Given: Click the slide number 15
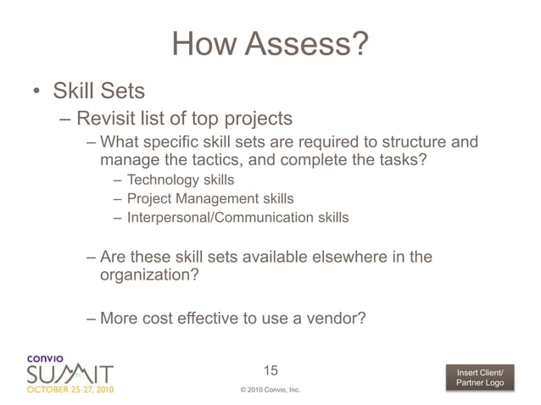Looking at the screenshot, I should [x=270, y=370].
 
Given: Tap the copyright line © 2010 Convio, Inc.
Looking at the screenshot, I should [x=270, y=391].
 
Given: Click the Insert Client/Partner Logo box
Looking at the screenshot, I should [x=480, y=378].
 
